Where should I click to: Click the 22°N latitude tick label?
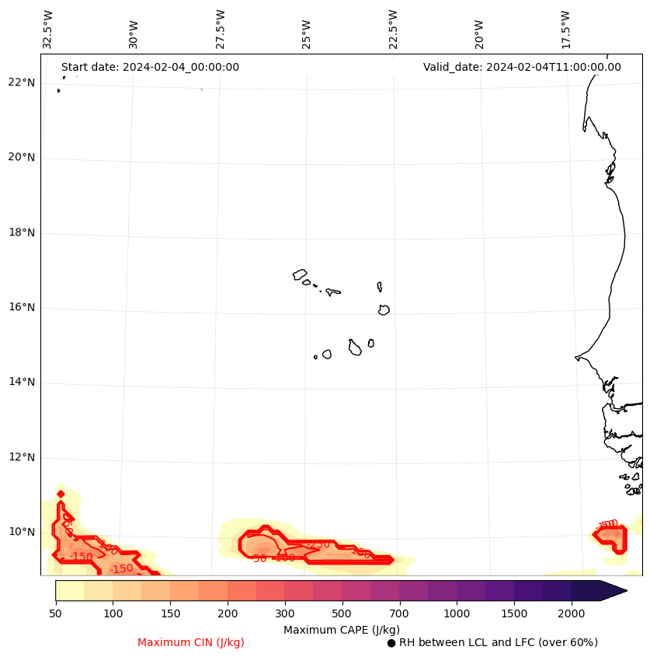click(x=22, y=82)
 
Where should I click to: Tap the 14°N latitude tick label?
click(x=22, y=382)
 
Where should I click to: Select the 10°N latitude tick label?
click(x=22, y=532)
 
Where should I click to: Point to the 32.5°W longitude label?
click(x=48, y=30)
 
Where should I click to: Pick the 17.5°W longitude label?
click(x=565, y=30)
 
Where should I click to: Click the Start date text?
click(x=150, y=67)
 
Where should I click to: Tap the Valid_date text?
click(x=522, y=67)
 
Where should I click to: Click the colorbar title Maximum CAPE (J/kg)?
click(x=341, y=629)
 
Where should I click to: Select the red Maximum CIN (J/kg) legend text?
click(x=191, y=642)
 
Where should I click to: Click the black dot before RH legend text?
click(x=391, y=643)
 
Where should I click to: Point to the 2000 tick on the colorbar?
click(x=572, y=614)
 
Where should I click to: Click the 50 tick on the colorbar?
click(x=55, y=614)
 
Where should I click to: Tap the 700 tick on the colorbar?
click(x=399, y=614)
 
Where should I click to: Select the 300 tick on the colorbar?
click(x=285, y=614)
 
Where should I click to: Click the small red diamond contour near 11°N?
click(x=61, y=494)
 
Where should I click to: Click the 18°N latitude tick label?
click(x=22, y=232)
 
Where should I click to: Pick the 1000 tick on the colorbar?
click(x=457, y=614)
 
